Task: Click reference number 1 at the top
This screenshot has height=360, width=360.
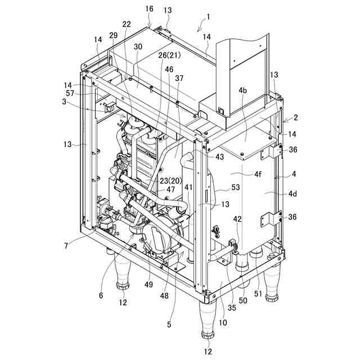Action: pyautogui.click(x=208, y=17)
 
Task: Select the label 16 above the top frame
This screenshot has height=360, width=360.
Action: pyautogui.click(x=149, y=10)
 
